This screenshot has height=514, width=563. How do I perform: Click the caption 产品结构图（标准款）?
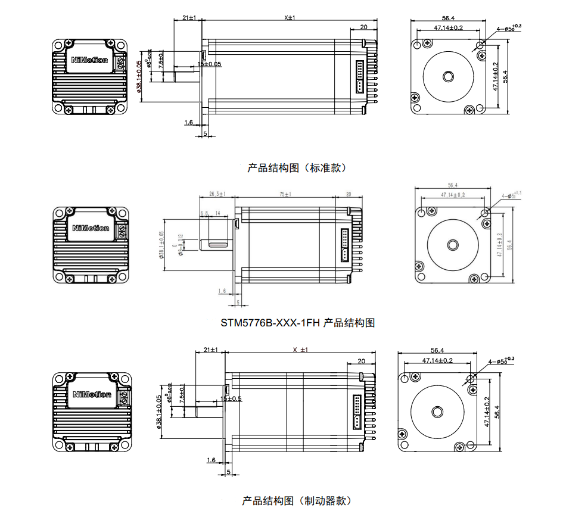pos(296,168)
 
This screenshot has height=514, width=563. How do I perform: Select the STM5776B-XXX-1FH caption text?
pos(297,323)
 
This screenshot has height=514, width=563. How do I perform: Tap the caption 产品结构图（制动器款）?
pos(296,500)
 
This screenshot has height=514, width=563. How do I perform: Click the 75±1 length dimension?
pos(285,194)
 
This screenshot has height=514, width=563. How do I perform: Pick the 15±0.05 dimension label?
pos(209,64)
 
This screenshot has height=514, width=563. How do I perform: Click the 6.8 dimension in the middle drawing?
pos(204,213)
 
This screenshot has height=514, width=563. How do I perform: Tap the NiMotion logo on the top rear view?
pos(89,60)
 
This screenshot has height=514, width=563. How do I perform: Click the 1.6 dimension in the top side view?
pos(189,123)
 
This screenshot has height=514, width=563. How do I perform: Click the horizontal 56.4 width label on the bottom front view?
pos(438,350)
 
